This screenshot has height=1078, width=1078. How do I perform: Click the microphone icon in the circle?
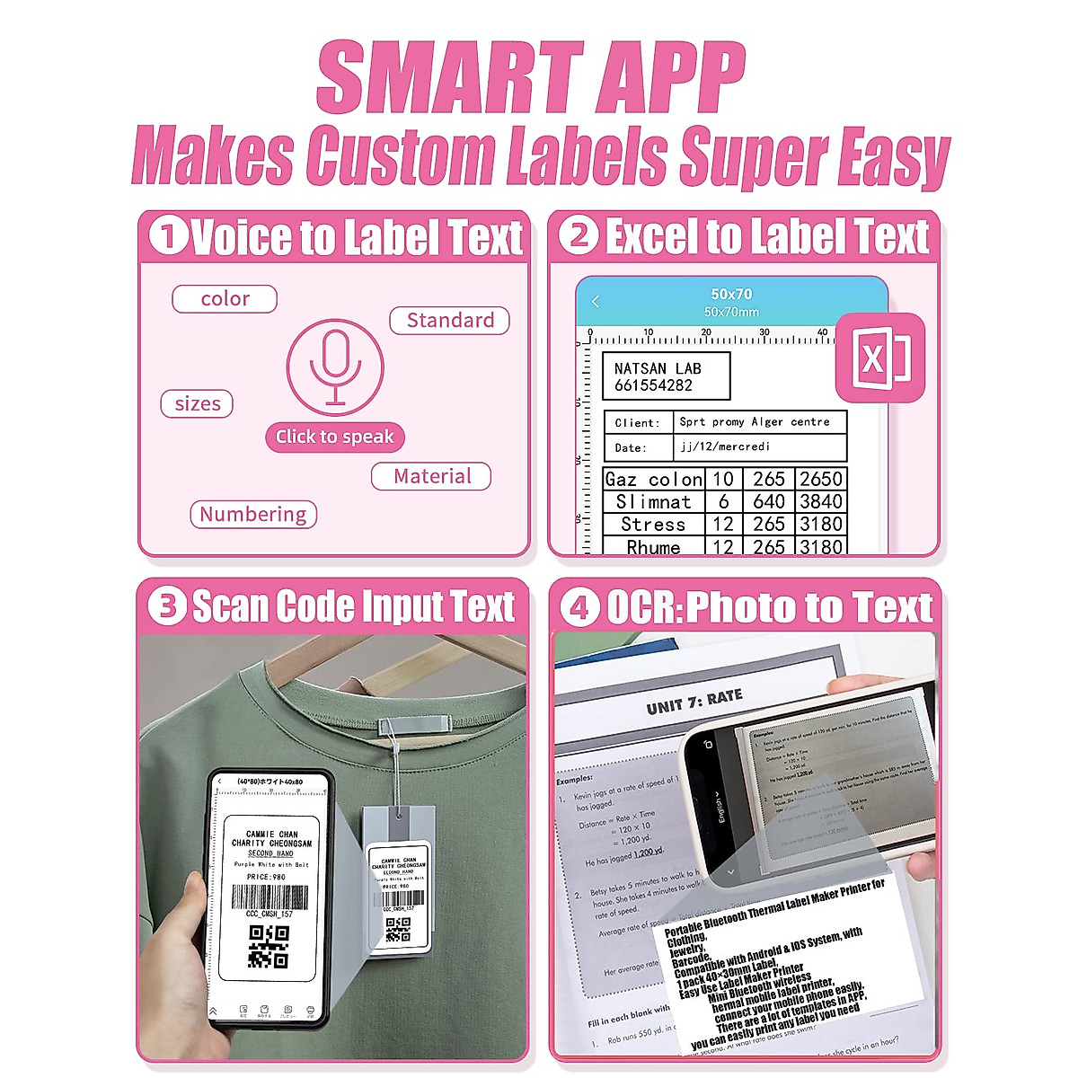tap(335, 367)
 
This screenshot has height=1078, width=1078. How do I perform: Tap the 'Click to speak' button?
tap(335, 437)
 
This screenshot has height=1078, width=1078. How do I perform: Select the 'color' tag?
tap(225, 299)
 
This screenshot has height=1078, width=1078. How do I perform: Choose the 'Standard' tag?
tap(450, 321)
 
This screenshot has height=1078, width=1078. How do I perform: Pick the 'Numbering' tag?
tap(253, 515)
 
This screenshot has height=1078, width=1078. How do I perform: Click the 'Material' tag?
tap(431, 476)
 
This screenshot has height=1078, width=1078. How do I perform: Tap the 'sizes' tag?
tap(198, 404)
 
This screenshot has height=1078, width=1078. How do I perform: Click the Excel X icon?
tap(879, 358)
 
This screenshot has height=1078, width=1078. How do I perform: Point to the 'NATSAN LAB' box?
tap(666, 376)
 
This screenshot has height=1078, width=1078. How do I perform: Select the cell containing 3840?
tap(821, 501)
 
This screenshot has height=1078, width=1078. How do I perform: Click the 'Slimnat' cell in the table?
tap(653, 501)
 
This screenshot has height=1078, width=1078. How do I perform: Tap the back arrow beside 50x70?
tap(596, 302)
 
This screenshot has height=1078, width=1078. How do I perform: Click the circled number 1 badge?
tap(168, 237)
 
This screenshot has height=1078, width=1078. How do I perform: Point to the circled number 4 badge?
tap(579, 608)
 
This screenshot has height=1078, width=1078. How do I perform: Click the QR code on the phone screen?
tap(268, 946)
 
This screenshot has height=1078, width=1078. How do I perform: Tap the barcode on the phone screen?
tap(269, 897)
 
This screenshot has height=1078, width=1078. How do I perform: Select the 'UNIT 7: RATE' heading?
tap(694, 701)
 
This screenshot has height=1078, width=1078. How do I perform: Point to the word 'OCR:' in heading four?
tap(645, 608)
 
